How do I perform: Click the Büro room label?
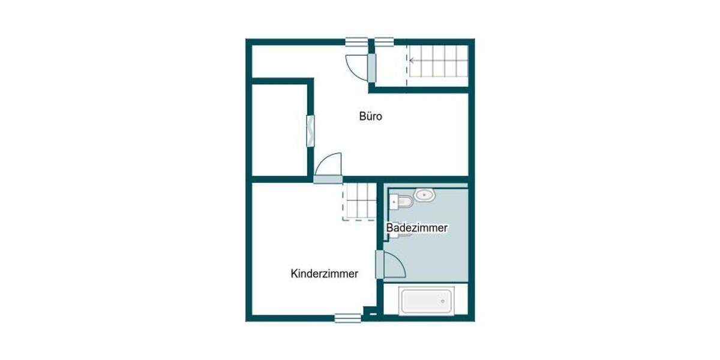point(370,116)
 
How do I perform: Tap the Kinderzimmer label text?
point(324,274)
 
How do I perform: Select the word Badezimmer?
point(417,228)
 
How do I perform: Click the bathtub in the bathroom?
point(426,302)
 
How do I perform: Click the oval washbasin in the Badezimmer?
point(425,194)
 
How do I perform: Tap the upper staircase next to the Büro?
point(438,65)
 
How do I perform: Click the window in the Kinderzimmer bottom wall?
point(348,318)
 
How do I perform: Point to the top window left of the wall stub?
point(356,41)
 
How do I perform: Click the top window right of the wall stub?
point(384,41)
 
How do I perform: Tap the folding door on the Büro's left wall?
point(311,130)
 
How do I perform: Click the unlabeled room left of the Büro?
point(279,130)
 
